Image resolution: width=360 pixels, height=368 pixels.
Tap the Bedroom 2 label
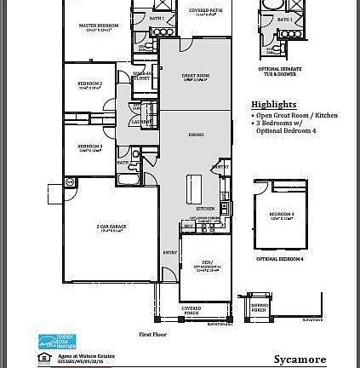pyautogui.click(x=90, y=84)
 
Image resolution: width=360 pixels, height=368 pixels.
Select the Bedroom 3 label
pyautogui.click(x=89, y=147)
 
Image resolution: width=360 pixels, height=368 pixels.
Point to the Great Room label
pyautogui.click(x=196, y=78)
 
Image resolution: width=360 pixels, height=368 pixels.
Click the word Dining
pyautogui.click(x=196, y=135)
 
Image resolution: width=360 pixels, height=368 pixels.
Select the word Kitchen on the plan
pyautogui.click(x=206, y=209)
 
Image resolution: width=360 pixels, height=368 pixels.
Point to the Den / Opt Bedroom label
pyautogui.click(x=207, y=265)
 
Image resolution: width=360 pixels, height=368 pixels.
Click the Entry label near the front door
pyautogui.click(x=170, y=252)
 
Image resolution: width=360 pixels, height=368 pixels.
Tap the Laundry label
pyautogui.click(x=137, y=121)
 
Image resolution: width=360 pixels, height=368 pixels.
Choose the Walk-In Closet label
pyautogui.click(x=141, y=76)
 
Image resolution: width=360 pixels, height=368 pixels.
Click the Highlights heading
pyautogui.click(x=270, y=105)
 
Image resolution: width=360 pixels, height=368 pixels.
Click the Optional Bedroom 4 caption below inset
pyautogui.click(x=280, y=257)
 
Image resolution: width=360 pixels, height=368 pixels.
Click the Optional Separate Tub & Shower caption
pyautogui.click(x=281, y=71)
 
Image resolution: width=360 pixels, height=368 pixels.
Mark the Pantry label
pyautogui.click(x=221, y=167)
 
